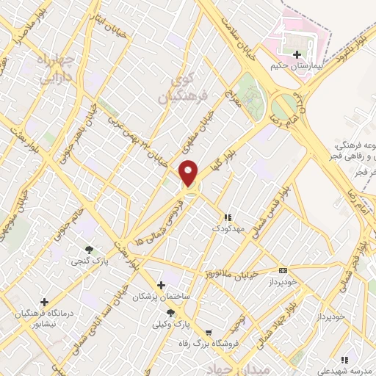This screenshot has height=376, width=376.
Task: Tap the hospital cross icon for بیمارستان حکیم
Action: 297,54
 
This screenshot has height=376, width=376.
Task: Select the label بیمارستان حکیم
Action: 297,66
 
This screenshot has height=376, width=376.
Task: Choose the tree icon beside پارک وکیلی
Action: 170,313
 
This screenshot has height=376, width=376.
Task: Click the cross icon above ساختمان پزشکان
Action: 161,284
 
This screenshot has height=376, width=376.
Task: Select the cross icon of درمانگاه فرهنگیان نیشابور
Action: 44,302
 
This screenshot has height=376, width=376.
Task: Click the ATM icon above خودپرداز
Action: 283,271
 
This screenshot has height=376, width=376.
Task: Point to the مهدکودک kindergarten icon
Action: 227,217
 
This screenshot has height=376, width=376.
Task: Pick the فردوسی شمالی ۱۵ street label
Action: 161,220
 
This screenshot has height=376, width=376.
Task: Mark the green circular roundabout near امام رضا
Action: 283,107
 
